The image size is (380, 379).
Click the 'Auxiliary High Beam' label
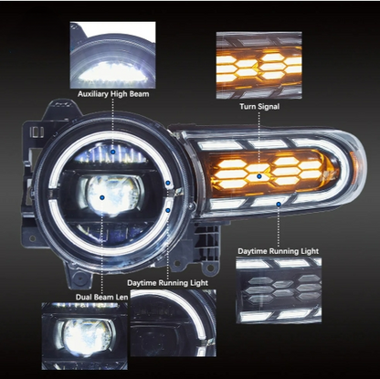[x=113, y=94]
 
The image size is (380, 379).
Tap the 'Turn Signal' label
[x=259, y=106]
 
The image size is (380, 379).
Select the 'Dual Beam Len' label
[x=101, y=297]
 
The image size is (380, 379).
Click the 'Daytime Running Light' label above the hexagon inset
[x=279, y=251]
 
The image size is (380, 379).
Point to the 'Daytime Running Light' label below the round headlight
[x=167, y=283]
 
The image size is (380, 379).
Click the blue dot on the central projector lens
[x=102, y=197]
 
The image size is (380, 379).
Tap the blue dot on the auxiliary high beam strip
[x=113, y=152]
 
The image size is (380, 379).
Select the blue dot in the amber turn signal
[x=259, y=176]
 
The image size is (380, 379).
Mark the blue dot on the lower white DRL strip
[x=279, y=204]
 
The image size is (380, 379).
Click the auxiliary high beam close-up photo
[x=112, y=55]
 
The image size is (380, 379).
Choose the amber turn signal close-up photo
[x=259, y=65]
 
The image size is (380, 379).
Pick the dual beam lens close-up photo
[x=84, y=336]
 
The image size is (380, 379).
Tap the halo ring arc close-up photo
[x=174, y=322]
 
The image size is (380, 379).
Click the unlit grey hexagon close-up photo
[x=279, y=290]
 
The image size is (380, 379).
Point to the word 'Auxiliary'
[x=92, y=94]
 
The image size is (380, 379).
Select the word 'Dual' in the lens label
[x=82, y=297]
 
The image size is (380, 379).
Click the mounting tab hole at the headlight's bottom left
[x=79, y=279]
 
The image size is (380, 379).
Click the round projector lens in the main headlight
[x=111, y=195]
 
